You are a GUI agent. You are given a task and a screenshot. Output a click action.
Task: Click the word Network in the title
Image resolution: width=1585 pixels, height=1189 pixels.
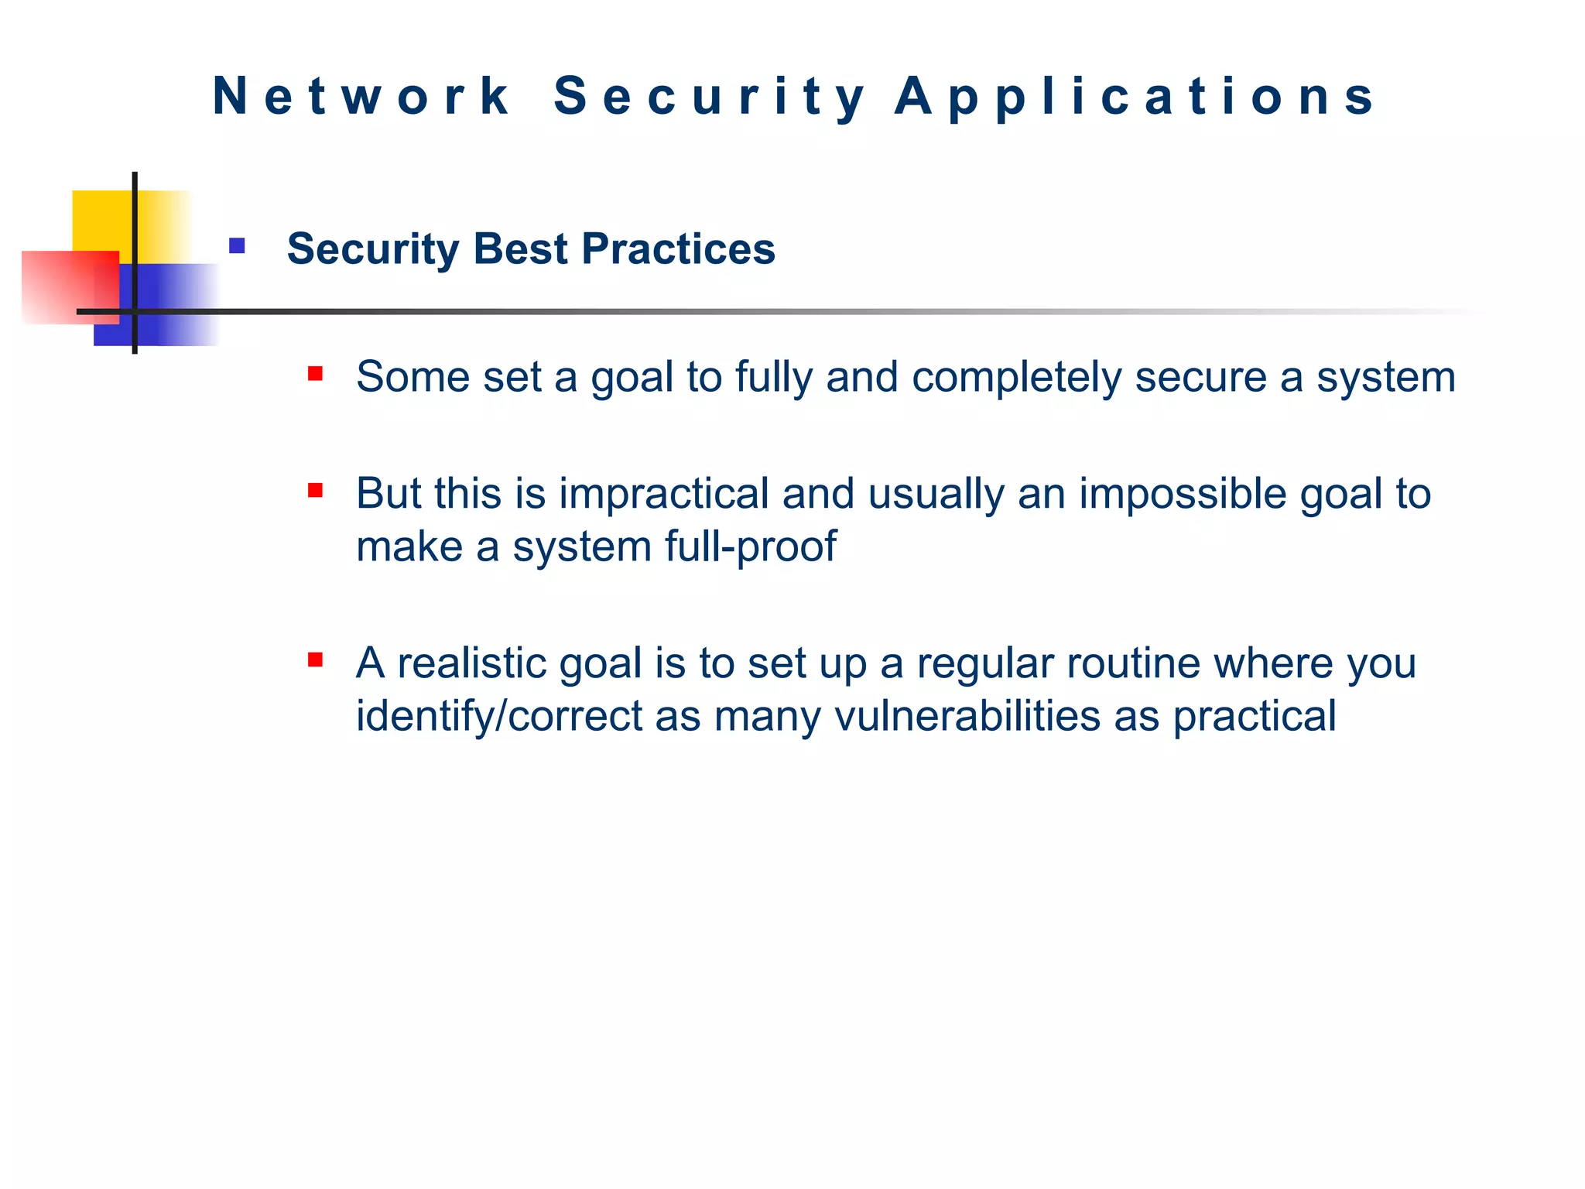[x=361, y=97]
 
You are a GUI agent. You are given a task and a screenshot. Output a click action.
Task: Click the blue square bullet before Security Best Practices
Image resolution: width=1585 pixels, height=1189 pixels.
[x=237, y=246]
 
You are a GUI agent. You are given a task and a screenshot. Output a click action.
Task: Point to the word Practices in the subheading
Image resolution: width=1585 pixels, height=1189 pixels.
[x=678, y=249]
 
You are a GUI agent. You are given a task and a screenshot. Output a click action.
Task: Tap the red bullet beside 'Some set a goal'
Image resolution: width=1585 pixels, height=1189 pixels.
[x=315, y=374]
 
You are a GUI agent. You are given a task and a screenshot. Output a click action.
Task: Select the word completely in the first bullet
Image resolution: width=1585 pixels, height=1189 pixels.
[x=1016, y=379]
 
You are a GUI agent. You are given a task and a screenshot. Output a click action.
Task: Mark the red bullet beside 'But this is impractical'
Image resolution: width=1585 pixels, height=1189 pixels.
[x=315, y=490]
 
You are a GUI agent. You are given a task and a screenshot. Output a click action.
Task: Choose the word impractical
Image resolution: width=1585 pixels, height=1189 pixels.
[x=663, y=495]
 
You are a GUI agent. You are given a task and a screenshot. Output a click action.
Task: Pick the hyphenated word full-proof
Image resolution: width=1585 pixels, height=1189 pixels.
[x=751, y=547]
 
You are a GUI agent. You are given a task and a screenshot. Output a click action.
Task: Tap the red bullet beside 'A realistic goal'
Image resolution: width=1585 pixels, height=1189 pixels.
[x=315, y=660]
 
